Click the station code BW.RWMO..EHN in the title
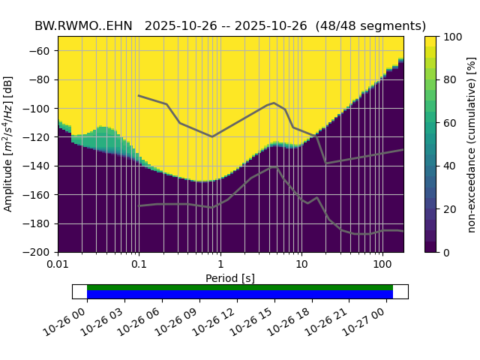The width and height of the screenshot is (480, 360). pos(83,25)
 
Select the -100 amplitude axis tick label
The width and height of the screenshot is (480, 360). pos(39,109)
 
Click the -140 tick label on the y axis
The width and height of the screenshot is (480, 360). pos(39,166)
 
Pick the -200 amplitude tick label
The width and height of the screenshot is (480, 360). pos(39,253)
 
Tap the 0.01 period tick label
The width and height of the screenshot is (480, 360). pos(58,264)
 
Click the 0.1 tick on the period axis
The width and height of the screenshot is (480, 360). pos(139,264)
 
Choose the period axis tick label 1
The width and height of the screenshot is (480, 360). pos(220,264)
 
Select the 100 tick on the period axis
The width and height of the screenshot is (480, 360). pos(382,264)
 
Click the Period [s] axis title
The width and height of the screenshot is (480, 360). pos(230,278)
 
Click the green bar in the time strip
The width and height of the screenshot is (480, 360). pos(240,287)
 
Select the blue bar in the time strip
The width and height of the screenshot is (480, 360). pos(240,295)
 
